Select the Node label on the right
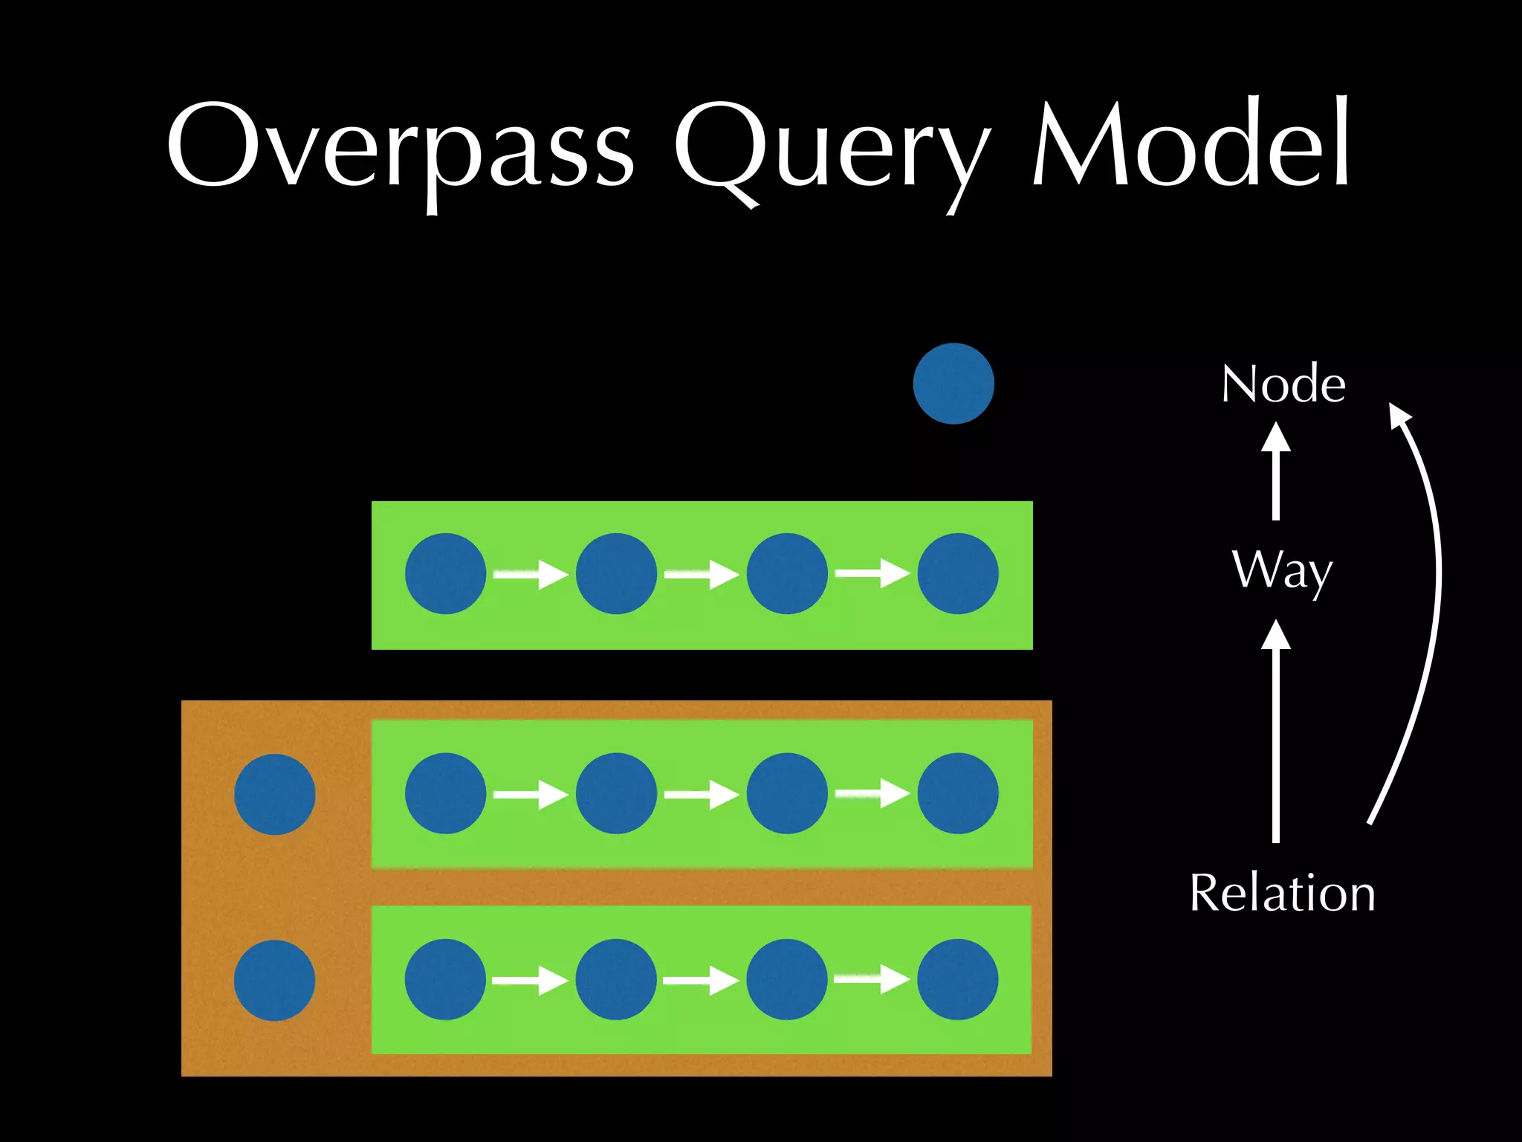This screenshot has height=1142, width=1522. pyautogui.click(x=1283, y=384)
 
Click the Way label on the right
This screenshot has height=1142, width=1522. pyautogui.click(x=1283, y=571)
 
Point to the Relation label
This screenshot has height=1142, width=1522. pyautogui.click(x=1283, y=893)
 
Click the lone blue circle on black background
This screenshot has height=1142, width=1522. pyautogui.click(x=953, y=384)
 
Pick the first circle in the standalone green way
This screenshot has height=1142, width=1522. pyautogui.click(x=446, y=573)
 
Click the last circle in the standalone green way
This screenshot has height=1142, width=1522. pyautogui.click(x=958, y=573)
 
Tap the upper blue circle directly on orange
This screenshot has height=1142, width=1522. pyautogui.click(x=275, y=794)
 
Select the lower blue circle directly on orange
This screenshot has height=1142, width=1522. pyautogui.click(x=275, y=980)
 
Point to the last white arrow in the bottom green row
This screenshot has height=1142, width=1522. pyautogui.click(x=872, y=980)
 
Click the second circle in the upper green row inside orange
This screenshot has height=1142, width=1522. pyautogui.click(x=616, y=793)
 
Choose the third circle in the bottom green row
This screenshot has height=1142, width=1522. pyautogui.click(x=787, y=979)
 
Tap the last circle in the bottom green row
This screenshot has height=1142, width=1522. pyautogui.click(x=958, y=979)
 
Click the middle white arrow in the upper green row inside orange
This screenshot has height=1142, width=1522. pyautogui.click(x=701, y=795)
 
